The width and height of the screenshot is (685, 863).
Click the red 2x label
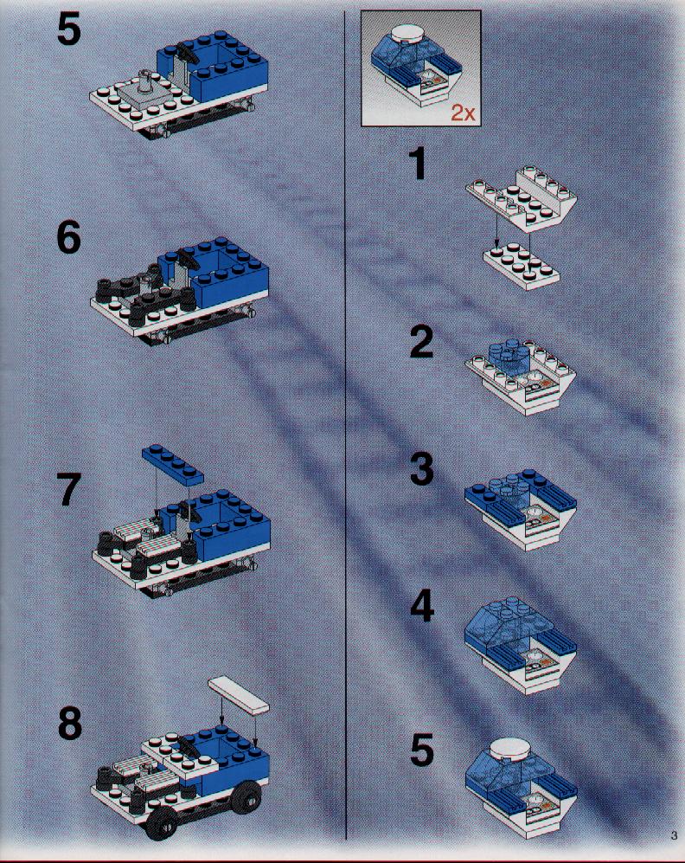pos(463,113)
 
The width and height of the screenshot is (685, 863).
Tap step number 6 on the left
pos(68,238)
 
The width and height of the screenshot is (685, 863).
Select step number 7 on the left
pos(68,489)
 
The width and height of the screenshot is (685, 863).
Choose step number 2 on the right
pos(422,342)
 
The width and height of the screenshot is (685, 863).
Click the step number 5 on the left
pos(68,29)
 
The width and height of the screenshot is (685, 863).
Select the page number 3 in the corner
pos(674,835)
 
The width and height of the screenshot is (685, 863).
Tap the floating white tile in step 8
pos(239,695)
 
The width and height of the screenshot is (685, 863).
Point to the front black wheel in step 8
pos(162,823)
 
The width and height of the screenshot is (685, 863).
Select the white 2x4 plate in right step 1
pos(522,266)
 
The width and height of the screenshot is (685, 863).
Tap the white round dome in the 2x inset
pos(408,32)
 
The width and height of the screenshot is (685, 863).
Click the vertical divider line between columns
pos(345,424)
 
